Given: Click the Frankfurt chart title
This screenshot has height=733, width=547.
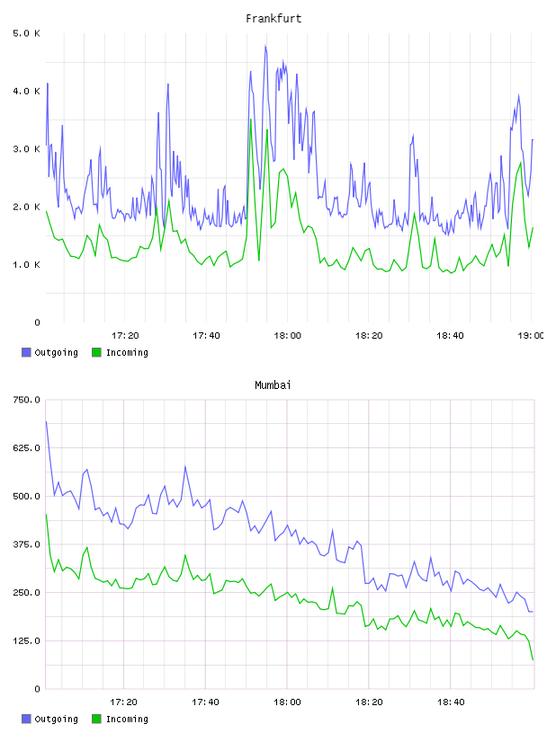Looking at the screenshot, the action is point(273,19).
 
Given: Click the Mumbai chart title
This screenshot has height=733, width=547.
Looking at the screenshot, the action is point(273,385).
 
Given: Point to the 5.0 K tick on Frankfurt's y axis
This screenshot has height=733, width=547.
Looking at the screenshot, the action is point(26,33).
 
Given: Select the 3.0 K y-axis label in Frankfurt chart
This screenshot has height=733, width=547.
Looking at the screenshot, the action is point(26,149).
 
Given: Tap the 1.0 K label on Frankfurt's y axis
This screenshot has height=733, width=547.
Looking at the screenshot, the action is point(26,265).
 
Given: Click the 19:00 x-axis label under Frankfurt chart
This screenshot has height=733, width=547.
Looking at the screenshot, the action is point(531,335).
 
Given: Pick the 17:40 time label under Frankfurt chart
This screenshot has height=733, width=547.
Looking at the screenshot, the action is point(206,335).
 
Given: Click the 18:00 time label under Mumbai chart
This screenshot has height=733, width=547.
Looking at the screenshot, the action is point(288,702).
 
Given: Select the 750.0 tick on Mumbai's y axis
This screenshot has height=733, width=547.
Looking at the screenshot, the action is point(26,400).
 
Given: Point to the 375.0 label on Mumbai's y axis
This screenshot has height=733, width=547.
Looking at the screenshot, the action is point(26,544).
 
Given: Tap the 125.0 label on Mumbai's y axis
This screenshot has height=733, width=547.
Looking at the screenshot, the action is point(26,640).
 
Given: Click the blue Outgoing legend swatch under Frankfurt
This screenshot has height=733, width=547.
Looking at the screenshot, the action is point(26,352).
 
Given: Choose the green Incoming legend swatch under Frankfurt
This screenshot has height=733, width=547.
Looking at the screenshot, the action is point(96,352).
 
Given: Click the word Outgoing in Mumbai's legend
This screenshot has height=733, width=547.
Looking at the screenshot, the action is point(56,719).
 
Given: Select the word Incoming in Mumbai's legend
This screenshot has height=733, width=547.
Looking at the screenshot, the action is point(127,719).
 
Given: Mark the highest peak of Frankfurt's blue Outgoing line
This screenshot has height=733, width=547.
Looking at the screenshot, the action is point(265,45).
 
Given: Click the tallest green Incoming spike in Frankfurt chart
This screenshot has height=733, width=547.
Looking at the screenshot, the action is point(251,119).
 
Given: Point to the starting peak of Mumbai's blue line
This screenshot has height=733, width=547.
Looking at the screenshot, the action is point(47,421).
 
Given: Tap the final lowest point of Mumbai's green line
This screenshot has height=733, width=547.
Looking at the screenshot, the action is point(533,659).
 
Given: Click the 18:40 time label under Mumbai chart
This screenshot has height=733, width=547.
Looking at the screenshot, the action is point(451,702).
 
